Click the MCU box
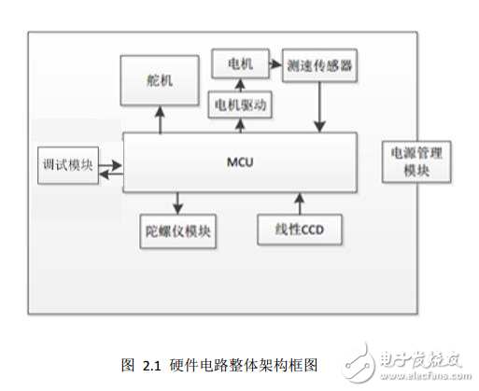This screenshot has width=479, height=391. point(240,161)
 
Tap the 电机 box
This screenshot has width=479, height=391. point(240,64)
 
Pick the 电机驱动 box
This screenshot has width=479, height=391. point(240,105)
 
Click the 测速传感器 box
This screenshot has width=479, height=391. point(320,66)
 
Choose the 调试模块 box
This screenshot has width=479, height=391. point(67,165)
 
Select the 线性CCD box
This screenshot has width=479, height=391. point(299,229)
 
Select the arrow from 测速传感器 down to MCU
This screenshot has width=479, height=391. point(321,107)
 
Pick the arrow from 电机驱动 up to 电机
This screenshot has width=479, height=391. point(240,85)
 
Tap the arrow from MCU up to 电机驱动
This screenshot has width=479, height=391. point(240,124)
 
